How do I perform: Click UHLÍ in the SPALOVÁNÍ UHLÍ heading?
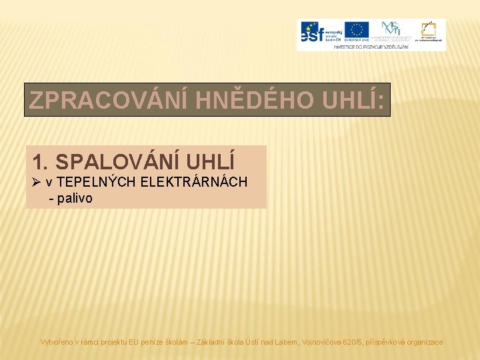(x=214, y=162)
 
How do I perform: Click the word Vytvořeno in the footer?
(x=58, y=342)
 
